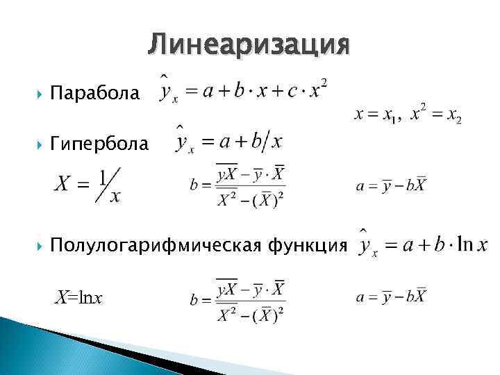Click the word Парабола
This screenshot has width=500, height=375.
pos(94,93)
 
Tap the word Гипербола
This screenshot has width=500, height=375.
pos(99,144)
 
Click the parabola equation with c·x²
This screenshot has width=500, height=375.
pos(243,90)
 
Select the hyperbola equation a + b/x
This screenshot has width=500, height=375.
pos(229,141)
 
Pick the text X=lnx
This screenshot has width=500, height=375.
pos(79,299)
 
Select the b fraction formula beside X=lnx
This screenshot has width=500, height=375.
pos(237,300)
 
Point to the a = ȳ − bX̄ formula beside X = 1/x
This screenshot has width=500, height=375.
pos(391,186)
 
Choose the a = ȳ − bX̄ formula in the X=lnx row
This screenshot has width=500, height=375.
pos(391,297)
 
